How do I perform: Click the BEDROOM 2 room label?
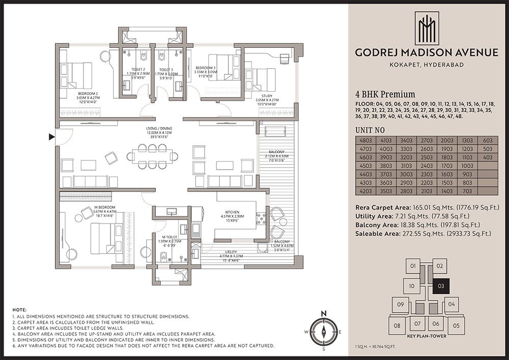click(x=87, y=94)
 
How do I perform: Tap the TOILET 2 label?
click(x=136, y=70)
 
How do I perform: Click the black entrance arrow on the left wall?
click(x=51, y=136)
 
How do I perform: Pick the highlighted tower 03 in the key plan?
click(x=441, y=286)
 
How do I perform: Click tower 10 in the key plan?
click(x=412, y=286)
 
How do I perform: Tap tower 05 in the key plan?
click(x=456, y=325)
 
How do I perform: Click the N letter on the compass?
click(x=323, y=313)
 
